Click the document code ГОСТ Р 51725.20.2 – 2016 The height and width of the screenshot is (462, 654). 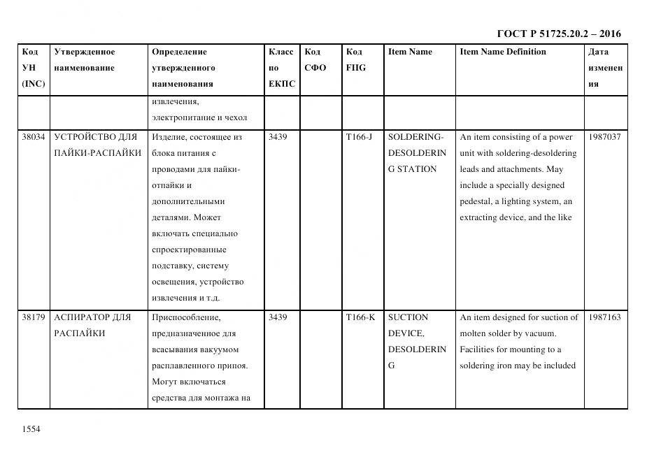point(559,34)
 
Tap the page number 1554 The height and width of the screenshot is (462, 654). point(32,428)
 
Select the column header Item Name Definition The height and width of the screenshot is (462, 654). point(502,52)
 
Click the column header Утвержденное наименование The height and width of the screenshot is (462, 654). point(85,60)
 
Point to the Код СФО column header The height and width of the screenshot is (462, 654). point(315,60)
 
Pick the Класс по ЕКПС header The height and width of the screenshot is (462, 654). point(281,68)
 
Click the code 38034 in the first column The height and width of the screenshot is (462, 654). point(34,137)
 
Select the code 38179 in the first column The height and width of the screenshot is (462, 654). point(34,317)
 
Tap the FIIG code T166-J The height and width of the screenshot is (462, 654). point(360,137)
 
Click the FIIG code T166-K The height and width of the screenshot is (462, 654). point(361,317)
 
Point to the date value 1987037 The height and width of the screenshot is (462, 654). point(604,137)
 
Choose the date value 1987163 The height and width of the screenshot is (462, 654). point(604,317)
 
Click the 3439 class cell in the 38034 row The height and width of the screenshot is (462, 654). point(278,137)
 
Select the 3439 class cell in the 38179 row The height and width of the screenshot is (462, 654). point(278,317)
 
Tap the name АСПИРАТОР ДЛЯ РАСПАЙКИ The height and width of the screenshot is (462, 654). point(92,325)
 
